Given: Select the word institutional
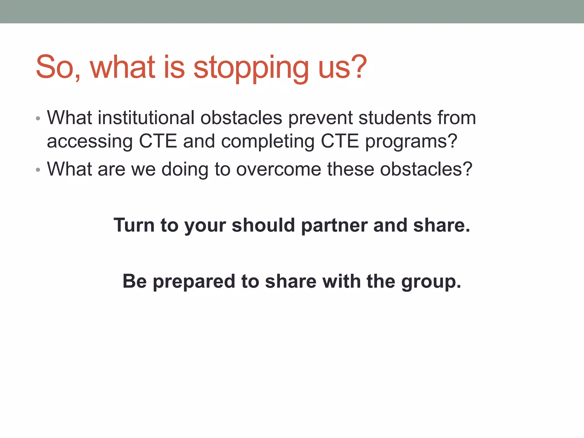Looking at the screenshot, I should [146, 117].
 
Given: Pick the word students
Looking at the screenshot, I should [395, 117].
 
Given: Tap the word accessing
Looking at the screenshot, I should [90, 141].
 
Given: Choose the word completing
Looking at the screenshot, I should [268, 141].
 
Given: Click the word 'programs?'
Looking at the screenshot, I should [411, 141].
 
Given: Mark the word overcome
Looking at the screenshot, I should [279, 169].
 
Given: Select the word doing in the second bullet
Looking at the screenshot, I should [185, 170].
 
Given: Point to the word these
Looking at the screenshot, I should [350, 169].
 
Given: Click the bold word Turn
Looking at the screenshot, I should [134, 225].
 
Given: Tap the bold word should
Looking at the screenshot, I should [263, 225].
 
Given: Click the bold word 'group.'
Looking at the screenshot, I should [431, 282].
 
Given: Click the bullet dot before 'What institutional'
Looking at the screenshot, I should [38, 118].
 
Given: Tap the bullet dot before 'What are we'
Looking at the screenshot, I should [38, 170].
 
